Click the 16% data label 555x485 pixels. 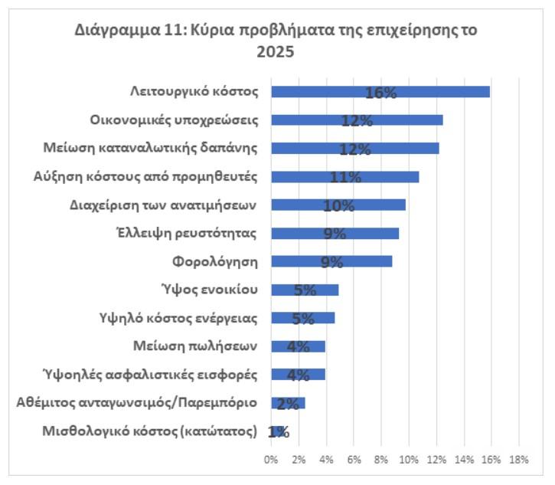coord(380,93)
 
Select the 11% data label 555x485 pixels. coord(345,178)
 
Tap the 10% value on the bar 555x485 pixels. coord(338,206)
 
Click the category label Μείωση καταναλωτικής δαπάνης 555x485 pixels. coord(181,148)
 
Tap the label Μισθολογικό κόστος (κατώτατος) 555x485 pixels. coord(149,431)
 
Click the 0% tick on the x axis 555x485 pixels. coord(271,460)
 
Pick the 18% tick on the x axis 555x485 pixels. coord(518,460)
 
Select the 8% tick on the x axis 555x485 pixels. coord(381,460)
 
